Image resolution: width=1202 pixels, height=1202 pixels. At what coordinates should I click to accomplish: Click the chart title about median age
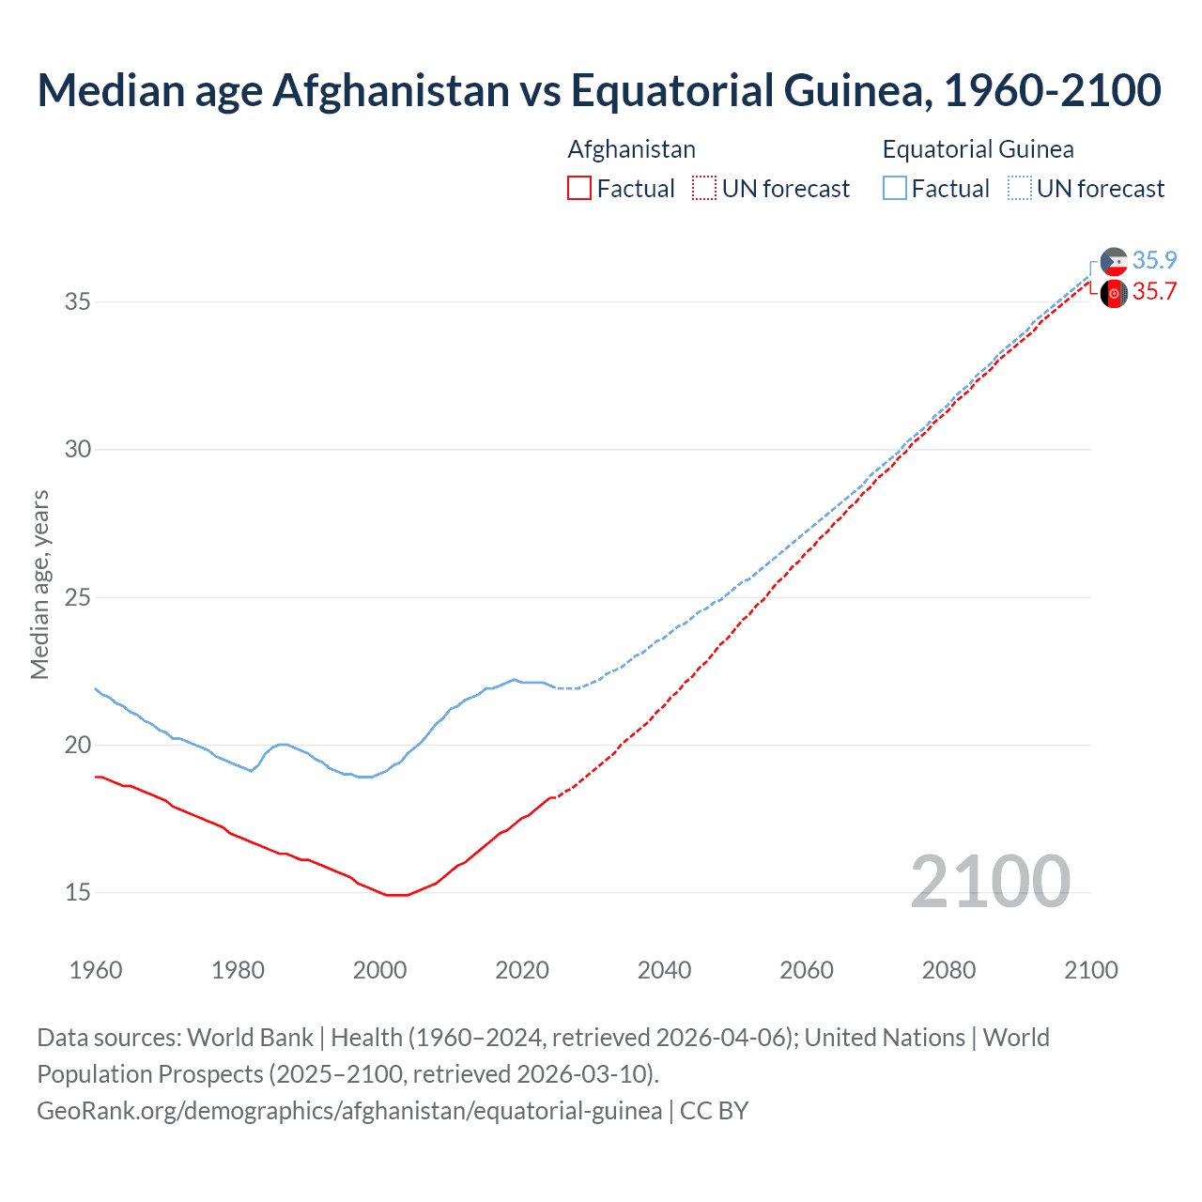[x=599, y=90]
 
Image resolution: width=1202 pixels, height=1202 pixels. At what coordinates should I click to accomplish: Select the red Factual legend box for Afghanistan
[x=579, y=188]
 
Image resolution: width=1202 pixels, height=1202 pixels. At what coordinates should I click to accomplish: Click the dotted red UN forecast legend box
[x=703, y=188]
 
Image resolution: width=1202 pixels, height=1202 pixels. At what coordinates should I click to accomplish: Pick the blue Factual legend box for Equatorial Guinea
[x=895, y=188]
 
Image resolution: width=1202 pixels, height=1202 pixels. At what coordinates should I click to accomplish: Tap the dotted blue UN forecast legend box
[x=1019, y=188]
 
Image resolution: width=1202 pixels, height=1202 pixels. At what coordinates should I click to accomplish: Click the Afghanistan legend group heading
[x=631, y=149]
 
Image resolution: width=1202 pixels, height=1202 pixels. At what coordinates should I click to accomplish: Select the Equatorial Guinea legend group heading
[x=978, y=149]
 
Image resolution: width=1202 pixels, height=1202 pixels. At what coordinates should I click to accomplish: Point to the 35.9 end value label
[x=1154, y=260]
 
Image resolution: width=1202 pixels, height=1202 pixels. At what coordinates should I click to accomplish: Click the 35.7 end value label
[x=1154, y=292]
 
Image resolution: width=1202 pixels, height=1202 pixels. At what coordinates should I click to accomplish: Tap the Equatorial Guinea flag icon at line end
[x=1114, y=261]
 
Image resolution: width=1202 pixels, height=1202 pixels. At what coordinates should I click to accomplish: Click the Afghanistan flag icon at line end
[x=1114, y=293]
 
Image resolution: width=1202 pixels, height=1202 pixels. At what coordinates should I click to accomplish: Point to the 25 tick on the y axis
[x=78, y=597]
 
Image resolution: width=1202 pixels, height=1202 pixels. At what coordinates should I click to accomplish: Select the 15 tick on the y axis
[x=78, y=892]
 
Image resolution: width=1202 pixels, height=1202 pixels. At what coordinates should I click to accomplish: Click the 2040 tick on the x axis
[x=664, y=970]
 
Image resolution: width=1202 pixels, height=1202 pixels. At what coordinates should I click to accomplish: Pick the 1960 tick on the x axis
[x=96, y=970]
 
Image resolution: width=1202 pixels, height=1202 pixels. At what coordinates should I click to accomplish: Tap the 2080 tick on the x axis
[x=948, y=970]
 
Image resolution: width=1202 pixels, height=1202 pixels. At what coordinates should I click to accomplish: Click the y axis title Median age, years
[x=39, y=584]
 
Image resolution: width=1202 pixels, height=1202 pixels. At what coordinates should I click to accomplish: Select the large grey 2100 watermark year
[x=990, y=881]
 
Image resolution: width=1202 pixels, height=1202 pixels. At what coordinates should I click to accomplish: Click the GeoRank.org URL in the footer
[x=349, y=1111]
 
